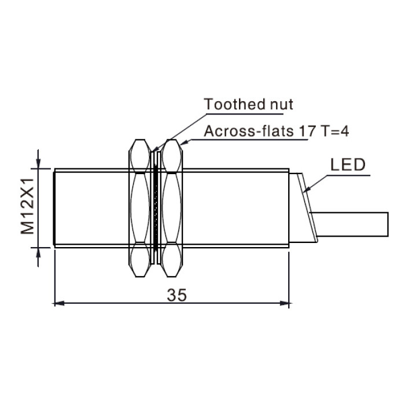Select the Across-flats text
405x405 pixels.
pos(248,131)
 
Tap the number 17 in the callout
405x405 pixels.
pos(307,131)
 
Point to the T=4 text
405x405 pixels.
pos(334,131)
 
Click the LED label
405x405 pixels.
pos(348,164)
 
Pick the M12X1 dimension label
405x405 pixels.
pos(27,206)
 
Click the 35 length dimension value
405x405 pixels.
pos(176,294)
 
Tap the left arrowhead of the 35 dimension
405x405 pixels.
pos(60,303)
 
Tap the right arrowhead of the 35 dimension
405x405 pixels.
pos(284,303)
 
